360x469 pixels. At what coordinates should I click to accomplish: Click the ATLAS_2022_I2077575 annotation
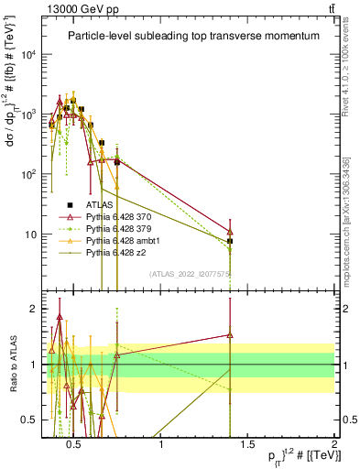pos(191,273)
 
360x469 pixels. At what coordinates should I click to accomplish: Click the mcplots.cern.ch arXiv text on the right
pos(345,220)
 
